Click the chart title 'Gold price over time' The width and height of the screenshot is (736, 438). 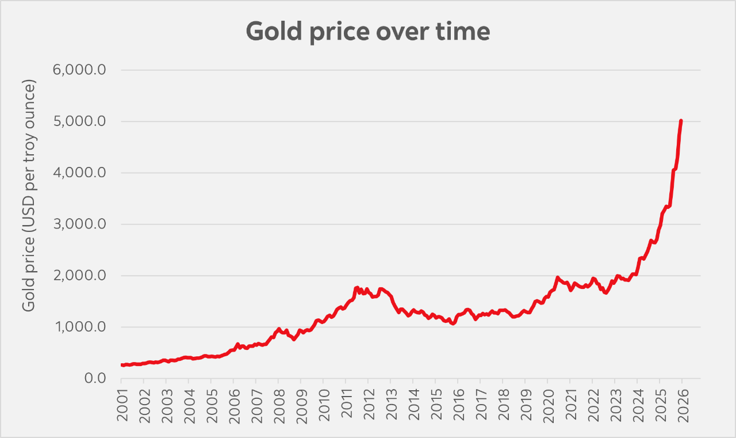[x=368, y=32]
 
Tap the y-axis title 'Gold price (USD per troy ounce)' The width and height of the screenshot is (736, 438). [x=29, y=196]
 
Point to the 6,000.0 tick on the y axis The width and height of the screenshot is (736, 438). [x=80, y=70]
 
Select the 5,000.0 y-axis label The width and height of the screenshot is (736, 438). [x=80, y=121]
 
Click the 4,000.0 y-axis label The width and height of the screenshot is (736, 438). [x=80, y=173]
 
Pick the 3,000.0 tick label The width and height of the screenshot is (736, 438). [x=80, y=224]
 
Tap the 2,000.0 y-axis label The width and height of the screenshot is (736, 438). [x=80, y=276]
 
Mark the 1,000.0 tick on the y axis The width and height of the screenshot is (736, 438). [x=80, y=327]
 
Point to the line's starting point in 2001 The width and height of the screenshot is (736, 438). [x=122, y=365]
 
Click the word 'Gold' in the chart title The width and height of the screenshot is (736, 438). [x=272, y=32]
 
